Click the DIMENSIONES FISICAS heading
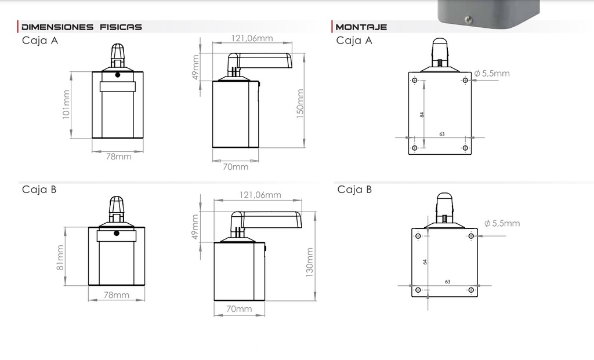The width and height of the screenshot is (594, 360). [x=81, y=27]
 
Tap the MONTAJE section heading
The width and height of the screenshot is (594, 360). [x=361, y=27]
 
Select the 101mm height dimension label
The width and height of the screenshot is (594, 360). [x=66, y=104]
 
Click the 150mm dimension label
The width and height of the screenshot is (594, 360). [x=300, y=104]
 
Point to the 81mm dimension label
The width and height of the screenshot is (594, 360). [x=60, y=258]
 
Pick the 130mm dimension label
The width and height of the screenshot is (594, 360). [x=310, y=263]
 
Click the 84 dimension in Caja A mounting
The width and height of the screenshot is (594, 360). [x=422, y=115]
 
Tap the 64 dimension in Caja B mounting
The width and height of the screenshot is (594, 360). [x=425, y=262]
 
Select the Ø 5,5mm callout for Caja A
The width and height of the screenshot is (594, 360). [x=492, y=73]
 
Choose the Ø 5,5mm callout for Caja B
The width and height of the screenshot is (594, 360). [x=502, y=223]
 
